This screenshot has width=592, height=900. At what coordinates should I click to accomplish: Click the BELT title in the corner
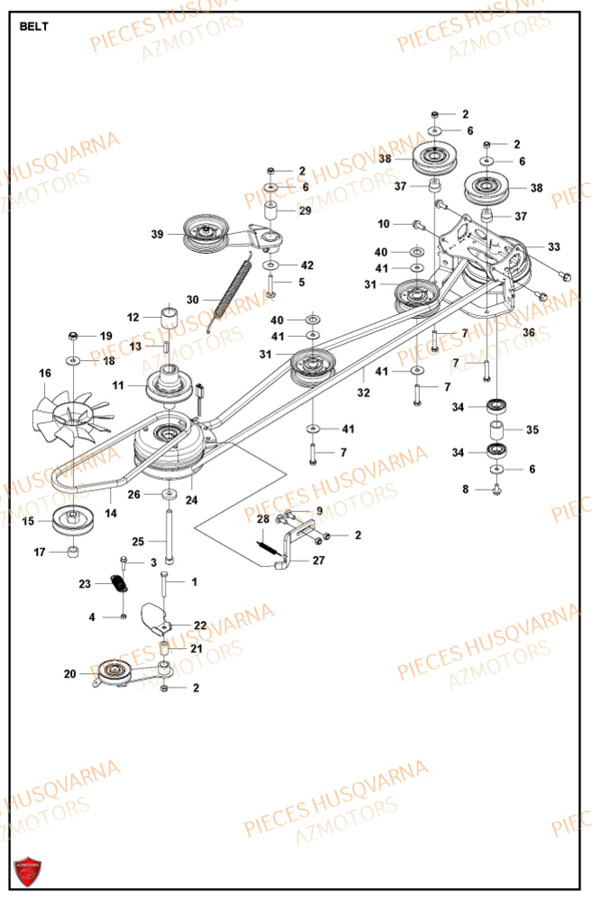pyautogui.click(x=34, y=26)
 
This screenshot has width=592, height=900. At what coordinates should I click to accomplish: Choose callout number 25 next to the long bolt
pyautogui.click(x=137, y=541)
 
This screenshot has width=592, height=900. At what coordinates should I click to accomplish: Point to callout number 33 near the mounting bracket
pyautogui.click(x=553, y=247)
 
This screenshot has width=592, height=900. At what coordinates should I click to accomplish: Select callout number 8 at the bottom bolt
pyautogui.click(x=466, y=490)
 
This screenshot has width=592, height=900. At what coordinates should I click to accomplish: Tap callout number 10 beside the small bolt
pyautogui.click(x=384, y=223)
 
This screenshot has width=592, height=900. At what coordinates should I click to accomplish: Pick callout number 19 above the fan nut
pyautogui.click(x=105, y=336)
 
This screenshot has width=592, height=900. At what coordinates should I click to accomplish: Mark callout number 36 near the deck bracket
pyautogui.click(x=529, y=332)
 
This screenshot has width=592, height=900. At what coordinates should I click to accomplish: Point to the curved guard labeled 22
pyautogui.click(x=154, y=618)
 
